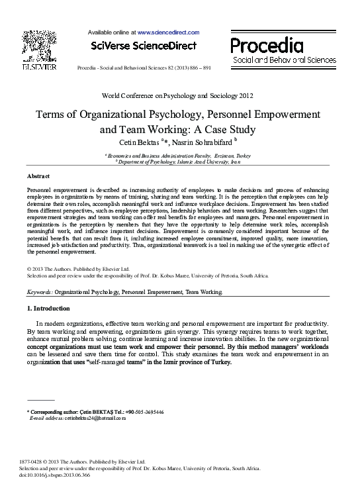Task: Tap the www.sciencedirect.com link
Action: [x=168, y=32]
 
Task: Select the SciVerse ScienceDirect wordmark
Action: [x=144, y=46]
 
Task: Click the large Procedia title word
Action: [x=267, y=46]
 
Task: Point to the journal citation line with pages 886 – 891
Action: [x=144, y=68]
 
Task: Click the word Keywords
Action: [x=39, y=291]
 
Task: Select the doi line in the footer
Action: [x=58, y=475]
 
